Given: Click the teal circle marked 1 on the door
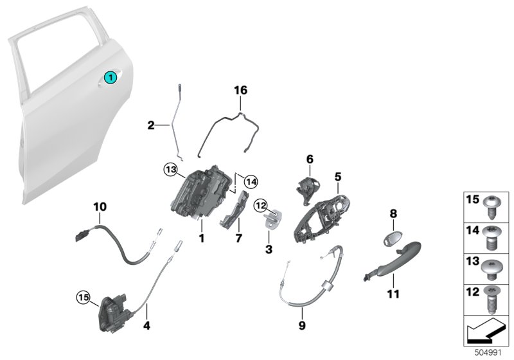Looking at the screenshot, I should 110,78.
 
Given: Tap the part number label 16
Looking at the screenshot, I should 240,92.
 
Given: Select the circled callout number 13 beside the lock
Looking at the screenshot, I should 170,169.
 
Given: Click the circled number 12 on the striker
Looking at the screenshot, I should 260,205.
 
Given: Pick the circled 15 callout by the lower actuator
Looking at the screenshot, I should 83,297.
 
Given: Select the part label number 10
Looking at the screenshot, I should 100,206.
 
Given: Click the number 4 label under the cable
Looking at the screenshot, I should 147,326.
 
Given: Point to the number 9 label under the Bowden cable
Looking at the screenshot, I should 302,326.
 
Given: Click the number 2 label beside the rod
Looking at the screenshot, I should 151,126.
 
